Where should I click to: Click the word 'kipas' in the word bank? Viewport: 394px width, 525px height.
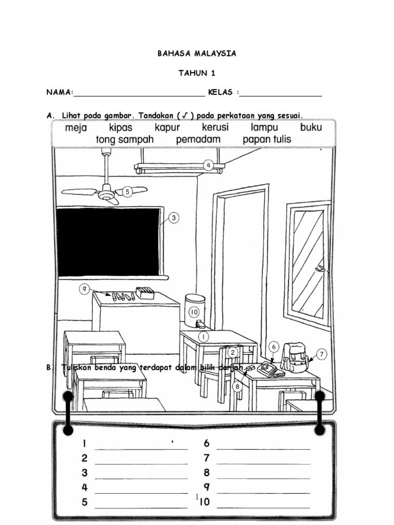point(121,128)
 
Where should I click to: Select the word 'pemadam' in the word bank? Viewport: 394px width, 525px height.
point(198,139)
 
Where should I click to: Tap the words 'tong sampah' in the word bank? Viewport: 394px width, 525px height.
point(125,139)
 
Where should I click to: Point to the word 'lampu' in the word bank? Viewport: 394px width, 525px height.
point(264,128)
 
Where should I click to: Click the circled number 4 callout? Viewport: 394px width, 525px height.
point(208,165)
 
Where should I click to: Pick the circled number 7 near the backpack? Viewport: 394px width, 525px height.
point(322,354)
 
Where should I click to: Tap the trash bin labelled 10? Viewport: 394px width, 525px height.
point(194,310)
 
